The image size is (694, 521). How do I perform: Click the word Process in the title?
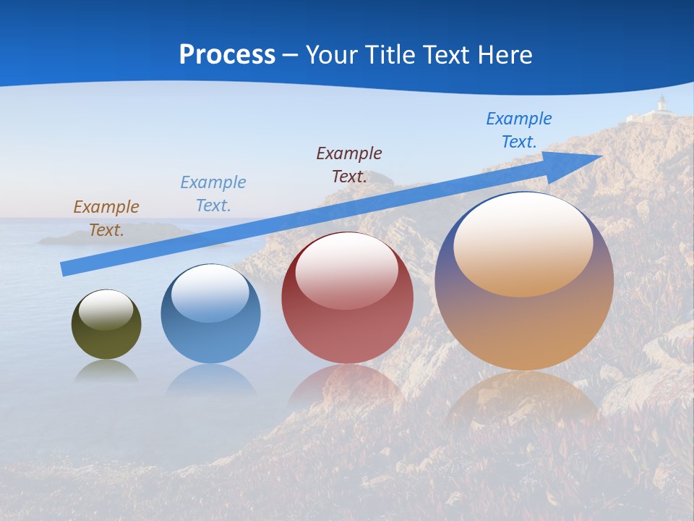coord(227,55)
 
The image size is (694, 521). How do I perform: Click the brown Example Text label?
coord(106,218)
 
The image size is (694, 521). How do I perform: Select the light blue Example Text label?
coord(213,193)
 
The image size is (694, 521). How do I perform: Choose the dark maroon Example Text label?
coord(349,164)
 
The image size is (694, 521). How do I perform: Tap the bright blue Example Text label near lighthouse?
coord(518,130)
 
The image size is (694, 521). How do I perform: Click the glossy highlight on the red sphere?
coord(347,269)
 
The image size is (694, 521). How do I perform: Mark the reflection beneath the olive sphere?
coord(106,370)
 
